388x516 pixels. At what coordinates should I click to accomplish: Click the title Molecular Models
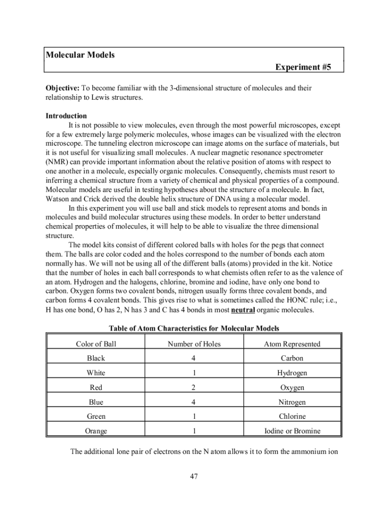[80, 55]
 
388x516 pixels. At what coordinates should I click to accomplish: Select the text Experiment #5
[303, 67]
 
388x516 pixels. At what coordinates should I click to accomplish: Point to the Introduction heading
[66, 115]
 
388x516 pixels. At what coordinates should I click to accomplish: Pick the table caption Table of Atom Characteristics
[194, 329]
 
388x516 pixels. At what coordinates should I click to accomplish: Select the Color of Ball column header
[96, 344]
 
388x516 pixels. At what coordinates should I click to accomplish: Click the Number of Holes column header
[194, 344]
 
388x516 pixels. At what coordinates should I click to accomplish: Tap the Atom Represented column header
[292, 344]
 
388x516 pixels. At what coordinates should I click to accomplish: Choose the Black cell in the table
[96, 358]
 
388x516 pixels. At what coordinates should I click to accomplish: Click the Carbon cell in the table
[292, 358]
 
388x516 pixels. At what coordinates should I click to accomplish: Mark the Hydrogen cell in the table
[292, 373]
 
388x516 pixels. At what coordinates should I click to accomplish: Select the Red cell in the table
[96, 388]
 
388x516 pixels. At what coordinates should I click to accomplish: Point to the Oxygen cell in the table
[292, 388]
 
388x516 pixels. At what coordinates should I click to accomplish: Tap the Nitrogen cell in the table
[292, 402]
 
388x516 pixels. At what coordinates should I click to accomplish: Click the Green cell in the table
[96, 417]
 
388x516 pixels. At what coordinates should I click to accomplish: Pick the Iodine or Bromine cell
[292, 431]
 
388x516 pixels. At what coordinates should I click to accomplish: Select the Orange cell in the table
[96, 431]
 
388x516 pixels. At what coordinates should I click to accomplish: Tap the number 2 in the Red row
[194, 388]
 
